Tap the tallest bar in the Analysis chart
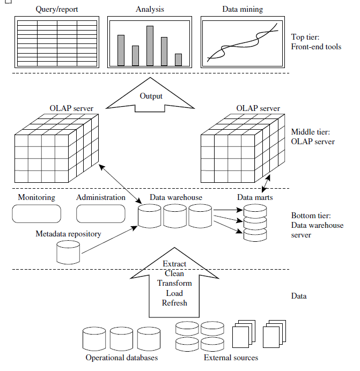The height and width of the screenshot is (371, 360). (x=150, y=46)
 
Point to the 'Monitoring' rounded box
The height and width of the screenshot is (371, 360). (x=36, y=214)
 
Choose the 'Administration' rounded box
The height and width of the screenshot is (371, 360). (x=101, y=214)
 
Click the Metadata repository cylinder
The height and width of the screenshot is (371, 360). (x=68, y=252)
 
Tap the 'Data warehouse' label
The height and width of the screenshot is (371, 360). (x=176, y=197)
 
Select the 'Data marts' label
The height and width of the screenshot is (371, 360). (x=255, y=197)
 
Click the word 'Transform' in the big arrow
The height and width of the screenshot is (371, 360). (x=174, y=283)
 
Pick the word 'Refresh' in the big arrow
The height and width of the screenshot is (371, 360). (x=174, y=302)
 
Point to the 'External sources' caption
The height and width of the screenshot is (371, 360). (x=231, y=358)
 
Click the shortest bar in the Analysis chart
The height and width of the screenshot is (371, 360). (x=178, y=60)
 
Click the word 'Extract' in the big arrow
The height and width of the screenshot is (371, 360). (x=174, y=264)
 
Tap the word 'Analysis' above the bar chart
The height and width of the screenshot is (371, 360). (x=150, y=10)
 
